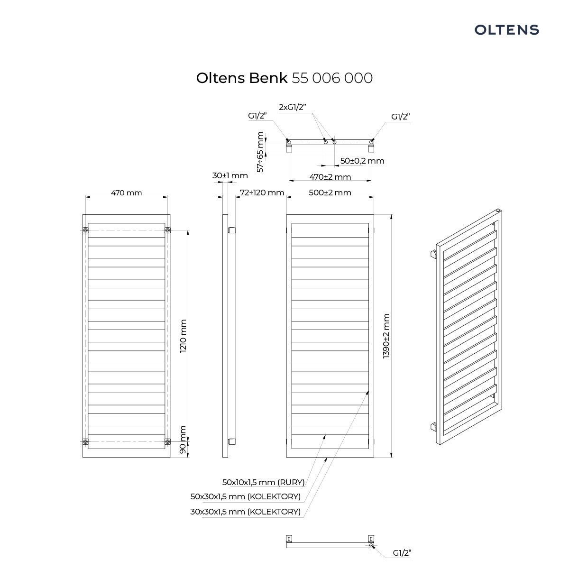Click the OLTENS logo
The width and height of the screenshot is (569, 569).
click(x=506, y=30)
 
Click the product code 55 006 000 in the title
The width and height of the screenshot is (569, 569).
click(x=332, y=78)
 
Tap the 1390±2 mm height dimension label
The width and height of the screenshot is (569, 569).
click(x=386, y=336)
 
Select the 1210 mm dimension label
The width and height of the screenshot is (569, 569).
click(x=183, y=335)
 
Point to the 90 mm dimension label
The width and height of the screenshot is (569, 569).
click(x=183, y=440)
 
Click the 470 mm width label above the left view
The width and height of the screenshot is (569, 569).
click(x=127, y=193)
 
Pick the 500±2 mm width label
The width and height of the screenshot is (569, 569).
click(x=330, y=193)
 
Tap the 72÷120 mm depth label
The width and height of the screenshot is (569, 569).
click(x=262, y=193)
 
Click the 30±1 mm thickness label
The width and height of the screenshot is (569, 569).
click(x=230, y=175)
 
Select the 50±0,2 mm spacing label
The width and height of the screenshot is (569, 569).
click(x=362, y=161)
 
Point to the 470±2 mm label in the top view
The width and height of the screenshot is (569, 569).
click(x=330, y=177)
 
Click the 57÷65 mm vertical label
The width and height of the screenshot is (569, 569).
click(x=260, y=152)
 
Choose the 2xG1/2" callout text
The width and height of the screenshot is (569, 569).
click(x=293, y=107)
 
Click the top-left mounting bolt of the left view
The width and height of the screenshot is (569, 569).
click(x=85, y=230)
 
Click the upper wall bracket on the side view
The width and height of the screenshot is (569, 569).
click(x=231, y=230)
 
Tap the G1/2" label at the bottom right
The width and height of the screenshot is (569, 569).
click(x=402, y=553)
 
